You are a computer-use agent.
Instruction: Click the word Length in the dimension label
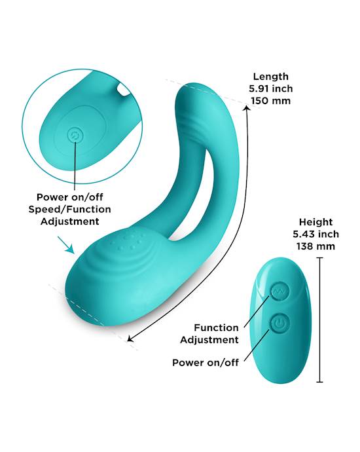tap(271, 77)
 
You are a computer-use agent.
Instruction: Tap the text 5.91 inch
tap(271, 88)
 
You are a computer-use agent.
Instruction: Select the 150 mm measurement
tap(271, 101)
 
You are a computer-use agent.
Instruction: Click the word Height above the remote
tap(315, 222)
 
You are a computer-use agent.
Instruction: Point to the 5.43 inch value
tap(315, 234)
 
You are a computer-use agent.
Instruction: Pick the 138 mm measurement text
tap(315, 246)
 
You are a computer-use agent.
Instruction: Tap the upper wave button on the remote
tap(279, 292)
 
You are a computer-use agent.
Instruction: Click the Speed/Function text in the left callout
tap(69, 209)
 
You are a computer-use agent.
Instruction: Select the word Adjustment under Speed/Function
tap(69, 221)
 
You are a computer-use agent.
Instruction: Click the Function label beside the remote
tap(216, 328)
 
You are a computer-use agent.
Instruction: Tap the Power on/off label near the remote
tap(206, 362)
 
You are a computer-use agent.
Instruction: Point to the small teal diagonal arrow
tap(66, 245)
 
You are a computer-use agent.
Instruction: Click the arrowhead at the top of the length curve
tap(247, 108)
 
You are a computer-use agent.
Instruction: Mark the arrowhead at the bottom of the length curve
tap(130, 339)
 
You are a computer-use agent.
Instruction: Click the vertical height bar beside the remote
tap(319, 320)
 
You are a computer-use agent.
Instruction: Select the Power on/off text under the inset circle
tap(69, 197)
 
